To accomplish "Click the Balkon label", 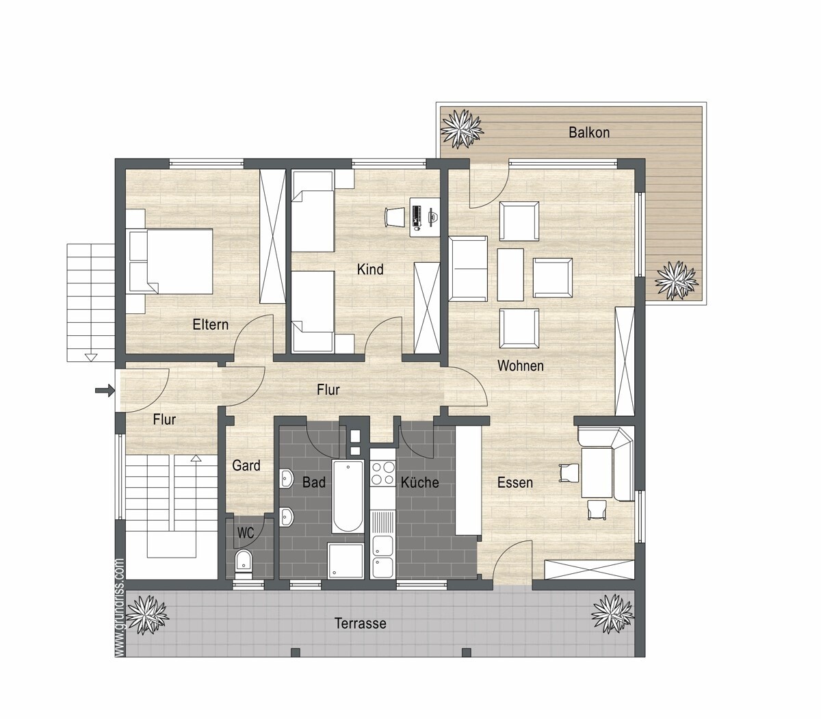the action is point(589,133).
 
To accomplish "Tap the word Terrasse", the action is point(361,623).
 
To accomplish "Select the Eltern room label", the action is point(210,324).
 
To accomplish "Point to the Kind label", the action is point(370,270).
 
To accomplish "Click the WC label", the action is point(245,533).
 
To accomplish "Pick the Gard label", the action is point(246,465).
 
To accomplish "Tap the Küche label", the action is point(419,482).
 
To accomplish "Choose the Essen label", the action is point(514,482).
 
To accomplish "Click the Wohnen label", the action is point(521,365).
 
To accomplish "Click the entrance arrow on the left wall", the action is point(105,390).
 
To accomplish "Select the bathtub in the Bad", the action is point(348,496).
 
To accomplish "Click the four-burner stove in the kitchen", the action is point(382,474).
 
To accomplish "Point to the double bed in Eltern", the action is point(170,261).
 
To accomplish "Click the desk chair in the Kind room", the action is point(395,218).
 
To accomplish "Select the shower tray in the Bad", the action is point(346,560).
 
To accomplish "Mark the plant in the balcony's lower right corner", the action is point(677,280).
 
